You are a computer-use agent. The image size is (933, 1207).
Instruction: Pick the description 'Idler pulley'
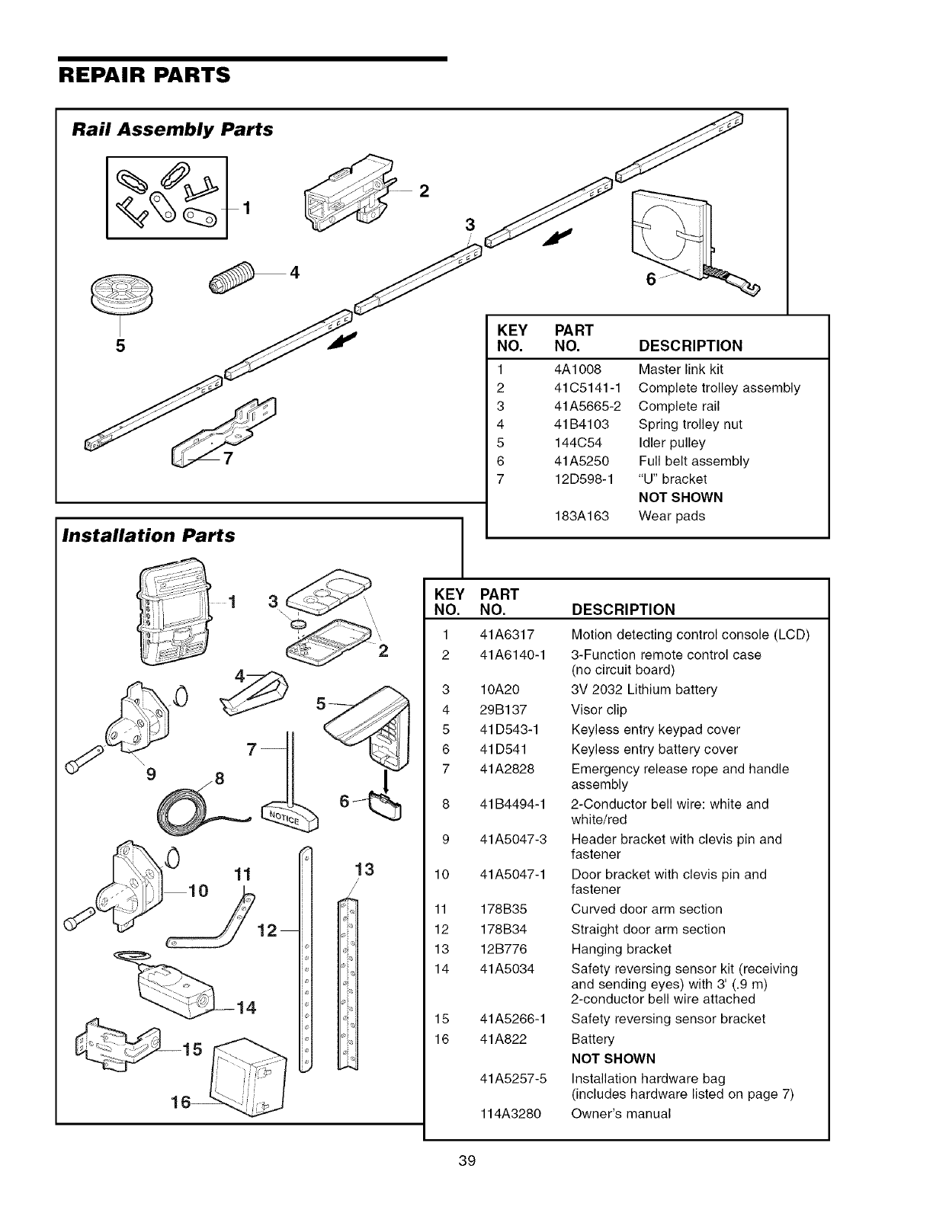click(x=672, y=443)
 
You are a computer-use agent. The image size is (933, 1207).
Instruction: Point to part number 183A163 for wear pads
click(x=582, y=516)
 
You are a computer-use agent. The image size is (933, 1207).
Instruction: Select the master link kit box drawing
click(x=166, y=197)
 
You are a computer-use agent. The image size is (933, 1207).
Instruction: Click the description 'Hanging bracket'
click(x=611, y=949)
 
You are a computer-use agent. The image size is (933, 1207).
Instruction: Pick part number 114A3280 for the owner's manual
click(x=510, y=1113)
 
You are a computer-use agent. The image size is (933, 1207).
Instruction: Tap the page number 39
click(x=467, y=1161)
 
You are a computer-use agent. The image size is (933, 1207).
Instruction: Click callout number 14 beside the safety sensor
click(x=245, y=1008)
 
